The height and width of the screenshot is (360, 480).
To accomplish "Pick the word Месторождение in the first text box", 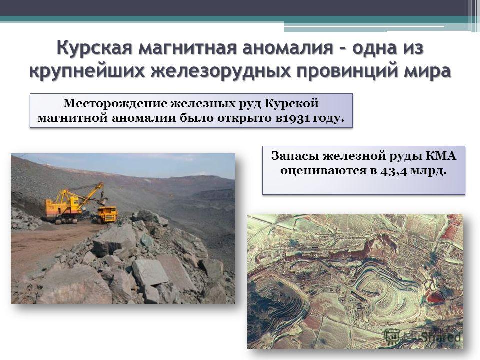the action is [115, 104].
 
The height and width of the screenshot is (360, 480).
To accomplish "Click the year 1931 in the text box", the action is [296, 118].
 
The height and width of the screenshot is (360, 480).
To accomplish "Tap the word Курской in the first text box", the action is [291, 104].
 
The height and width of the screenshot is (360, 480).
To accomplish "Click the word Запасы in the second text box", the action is [295, 156].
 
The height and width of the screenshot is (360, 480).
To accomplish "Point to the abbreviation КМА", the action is [441, 156].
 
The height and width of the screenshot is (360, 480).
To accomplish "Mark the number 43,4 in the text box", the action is [394, 171].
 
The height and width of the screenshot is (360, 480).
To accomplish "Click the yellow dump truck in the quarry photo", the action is [107, 214].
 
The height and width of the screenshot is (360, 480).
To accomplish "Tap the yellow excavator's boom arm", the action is [90, 193].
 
